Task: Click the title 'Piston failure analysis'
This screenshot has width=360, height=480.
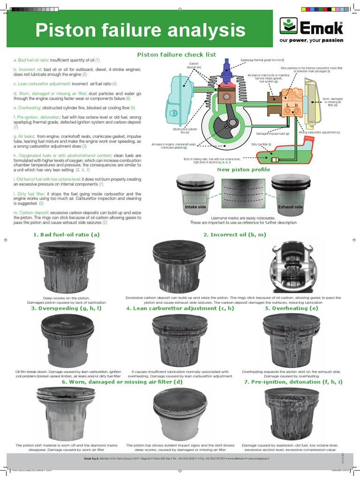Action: click(x=141, y=31)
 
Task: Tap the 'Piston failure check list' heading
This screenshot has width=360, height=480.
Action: click(x=176, y=54)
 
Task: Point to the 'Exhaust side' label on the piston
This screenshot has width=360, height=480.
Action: click(x=290, y=206)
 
